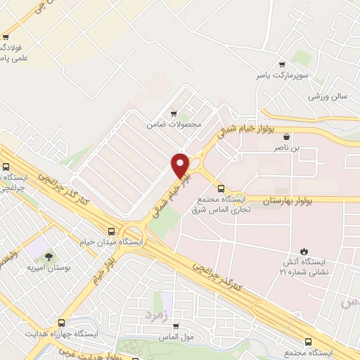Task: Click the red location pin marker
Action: tap(181, 165)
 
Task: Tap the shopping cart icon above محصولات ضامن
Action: tap(174, 113)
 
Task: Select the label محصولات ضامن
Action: tap(174, 124)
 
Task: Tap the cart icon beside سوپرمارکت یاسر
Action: tap(282, 64)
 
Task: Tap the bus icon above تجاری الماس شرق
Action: tap(221, 188)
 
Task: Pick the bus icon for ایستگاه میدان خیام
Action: tap(111, 231)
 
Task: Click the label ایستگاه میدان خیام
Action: tap(112, 242)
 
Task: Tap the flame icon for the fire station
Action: tap(304, 251)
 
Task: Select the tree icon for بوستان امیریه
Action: tap(49, 257)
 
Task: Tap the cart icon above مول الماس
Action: tap(176, 326)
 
